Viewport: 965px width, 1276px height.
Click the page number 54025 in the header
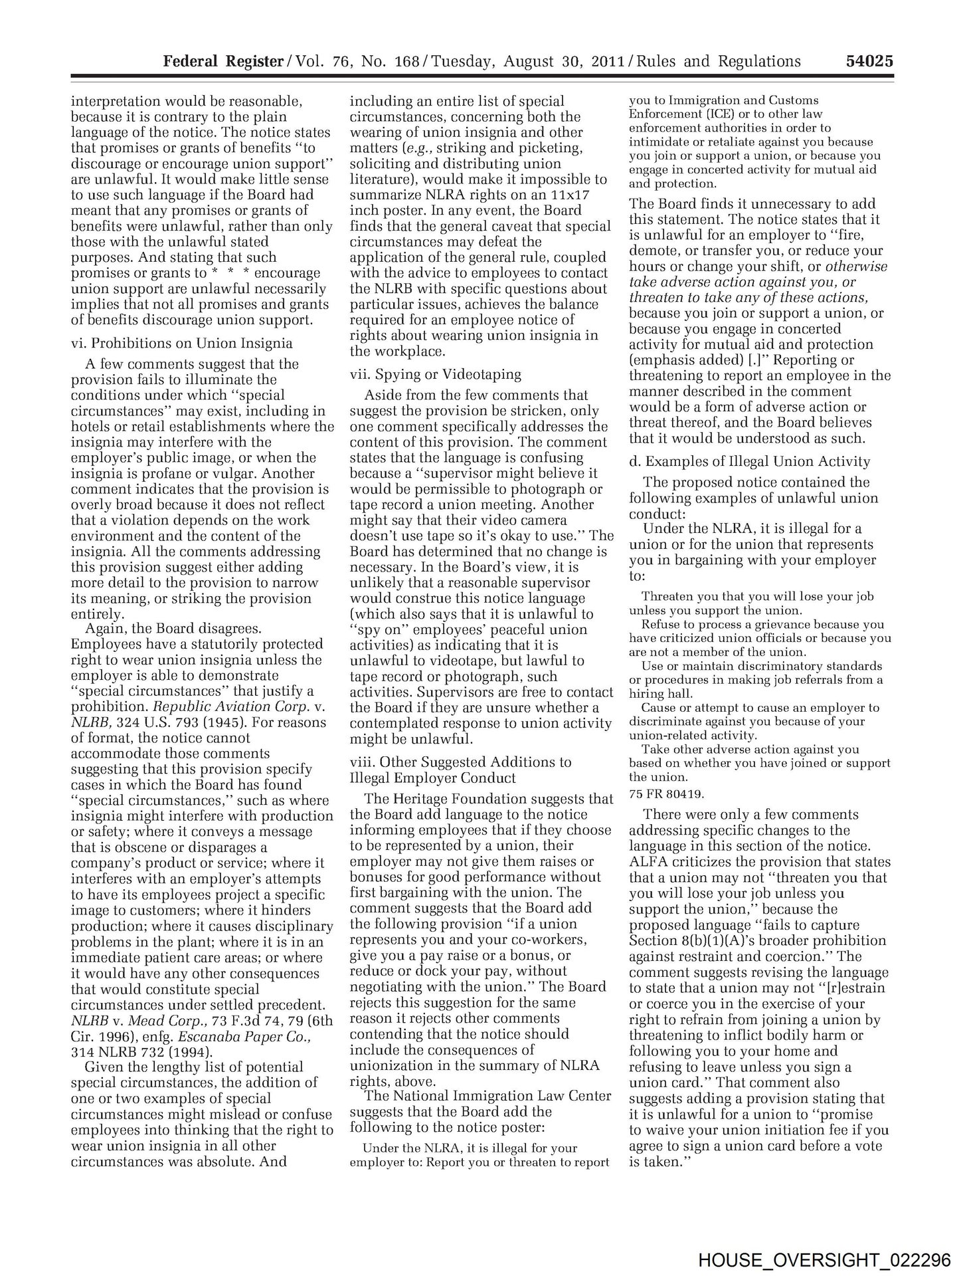coord(869,62)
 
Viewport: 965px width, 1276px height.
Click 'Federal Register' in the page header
coord(223,62)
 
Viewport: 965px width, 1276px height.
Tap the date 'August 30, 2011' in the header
coord(564,62)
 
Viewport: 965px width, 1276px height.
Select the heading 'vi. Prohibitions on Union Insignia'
coord(181,344)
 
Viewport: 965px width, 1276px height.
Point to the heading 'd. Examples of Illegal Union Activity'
coord(749,461)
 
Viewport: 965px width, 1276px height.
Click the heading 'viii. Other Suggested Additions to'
coord(460,762)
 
